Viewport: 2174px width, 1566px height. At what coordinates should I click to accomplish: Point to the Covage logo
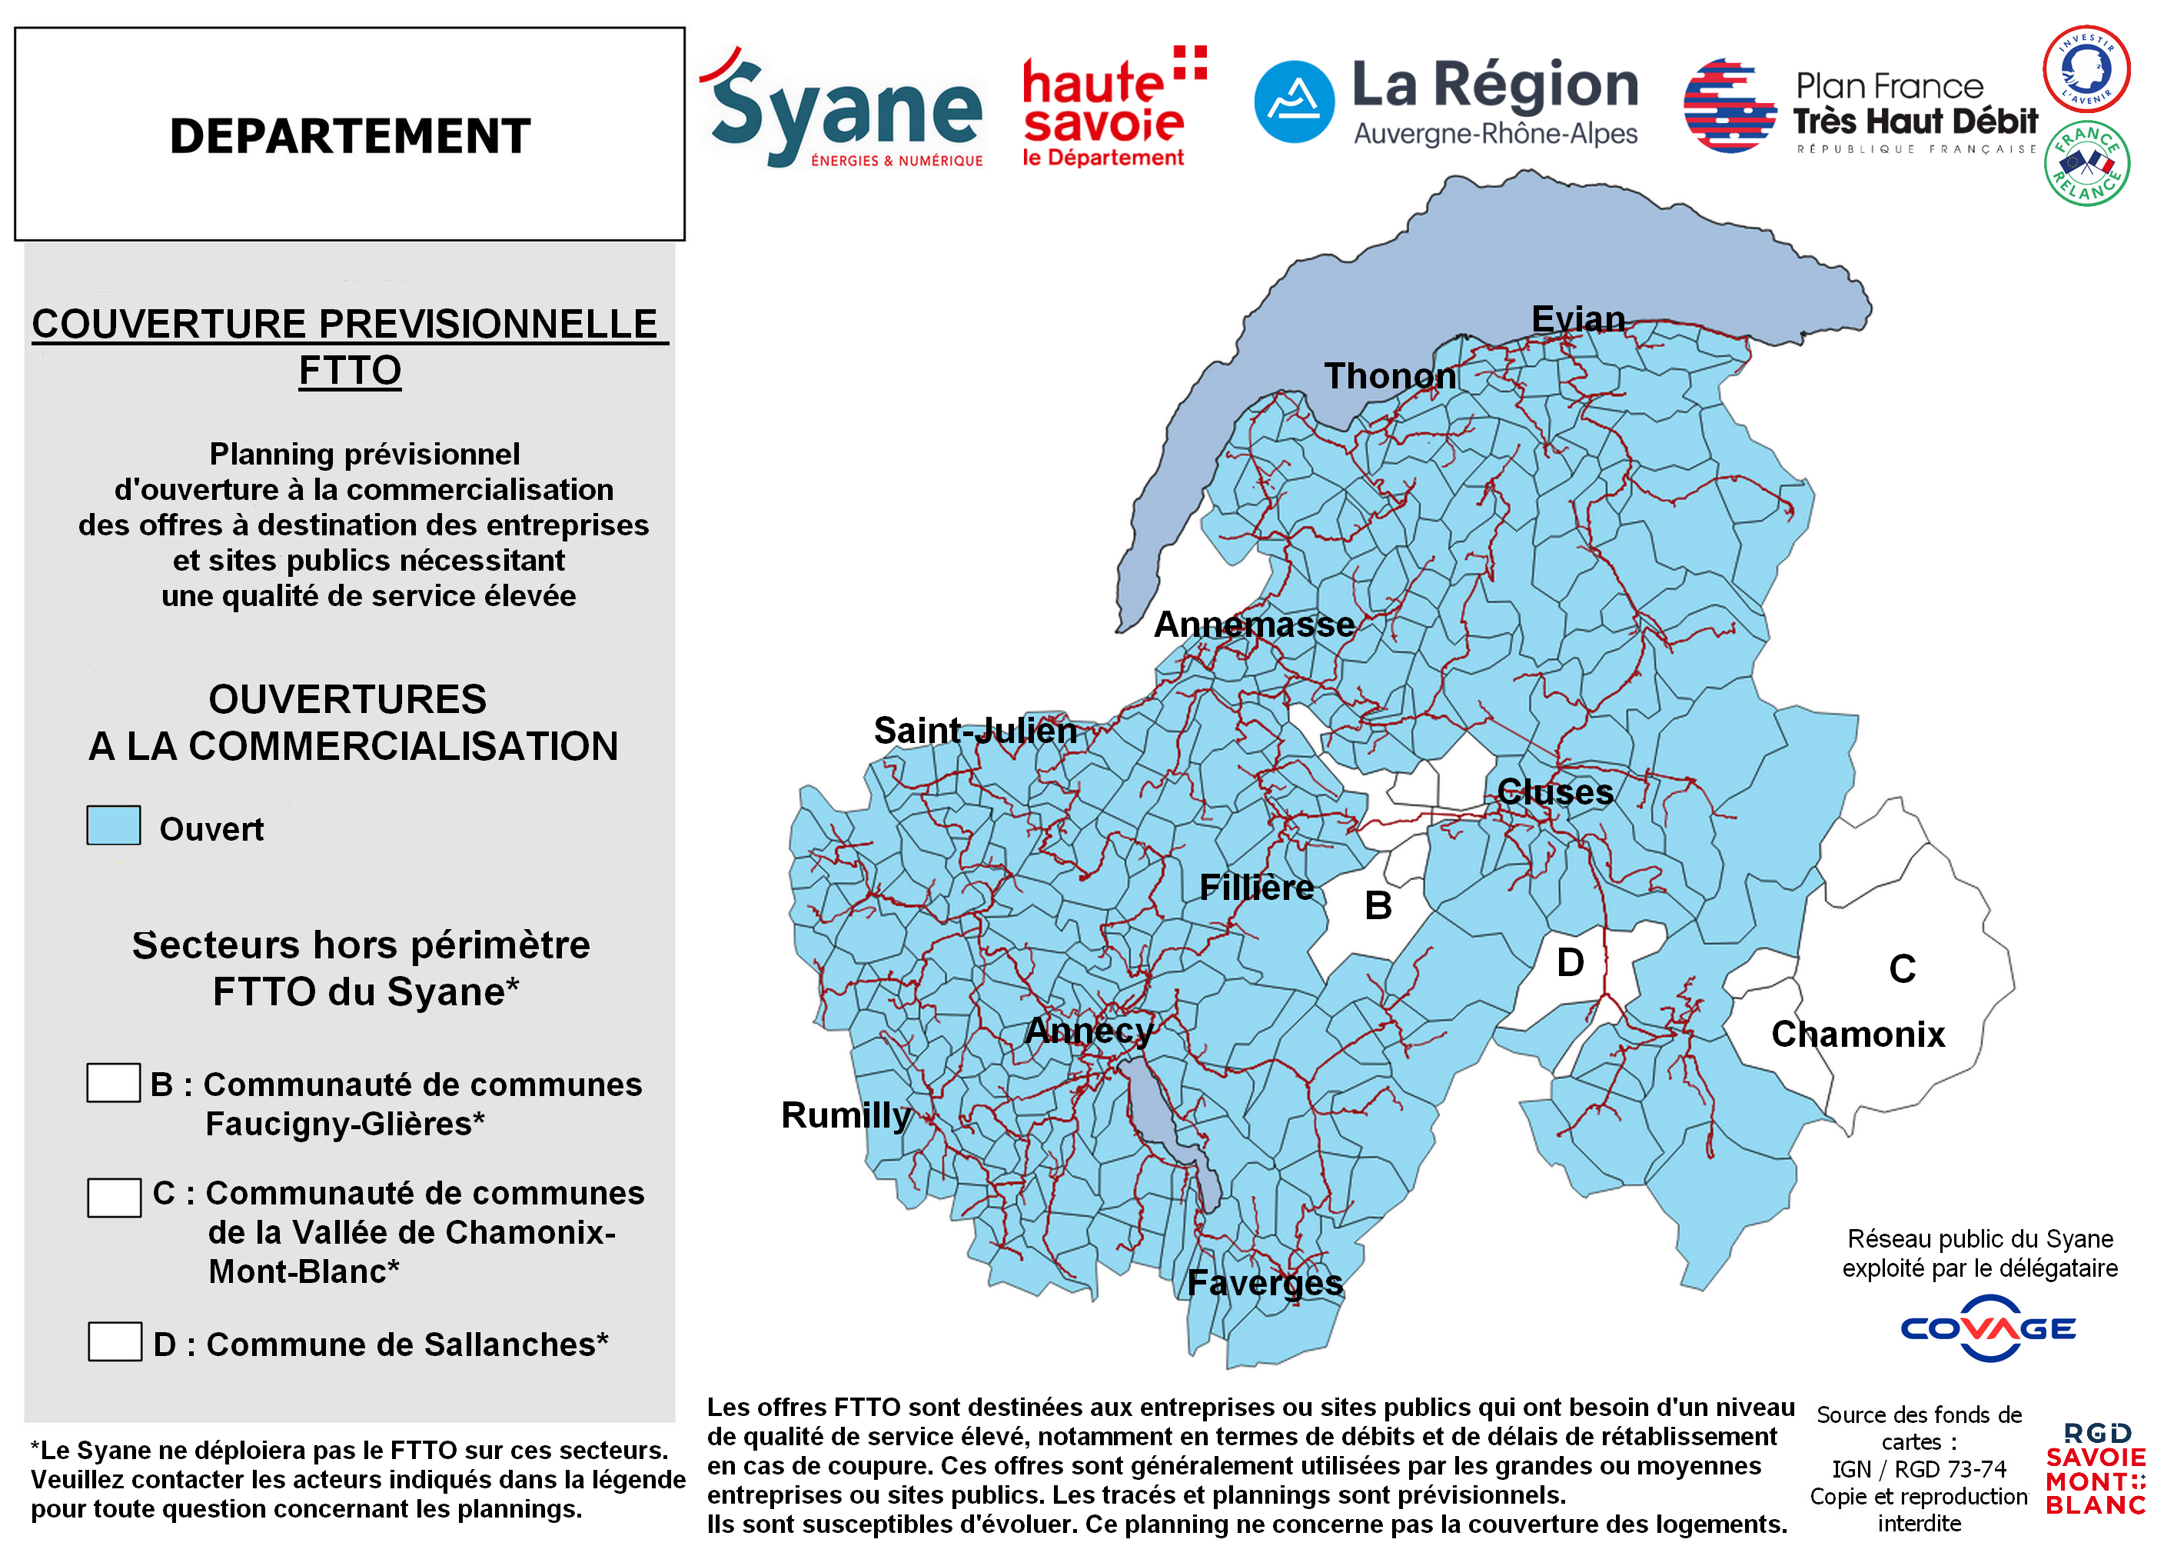1988,1328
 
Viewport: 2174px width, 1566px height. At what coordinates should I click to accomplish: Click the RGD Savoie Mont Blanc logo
2096,1468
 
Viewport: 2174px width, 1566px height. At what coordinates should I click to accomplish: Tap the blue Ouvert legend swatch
113,825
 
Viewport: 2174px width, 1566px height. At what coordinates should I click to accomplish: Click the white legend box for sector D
114,1341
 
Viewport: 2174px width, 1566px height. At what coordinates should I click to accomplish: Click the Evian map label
1577,318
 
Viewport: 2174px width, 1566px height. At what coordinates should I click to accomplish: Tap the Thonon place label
1389,376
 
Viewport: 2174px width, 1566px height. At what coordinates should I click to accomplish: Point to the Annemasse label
1253,625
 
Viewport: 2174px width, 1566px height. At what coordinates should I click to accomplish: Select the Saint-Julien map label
975,730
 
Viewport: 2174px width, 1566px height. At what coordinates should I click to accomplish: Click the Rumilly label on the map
846,1115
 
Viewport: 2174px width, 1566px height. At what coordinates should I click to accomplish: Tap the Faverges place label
1265,1282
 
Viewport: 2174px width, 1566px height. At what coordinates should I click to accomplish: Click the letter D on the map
1569,962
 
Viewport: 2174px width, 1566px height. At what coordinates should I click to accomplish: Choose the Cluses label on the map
1554,791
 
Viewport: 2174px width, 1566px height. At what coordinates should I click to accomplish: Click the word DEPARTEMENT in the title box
350,135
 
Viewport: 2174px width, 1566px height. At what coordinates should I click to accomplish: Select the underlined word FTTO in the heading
350,370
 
